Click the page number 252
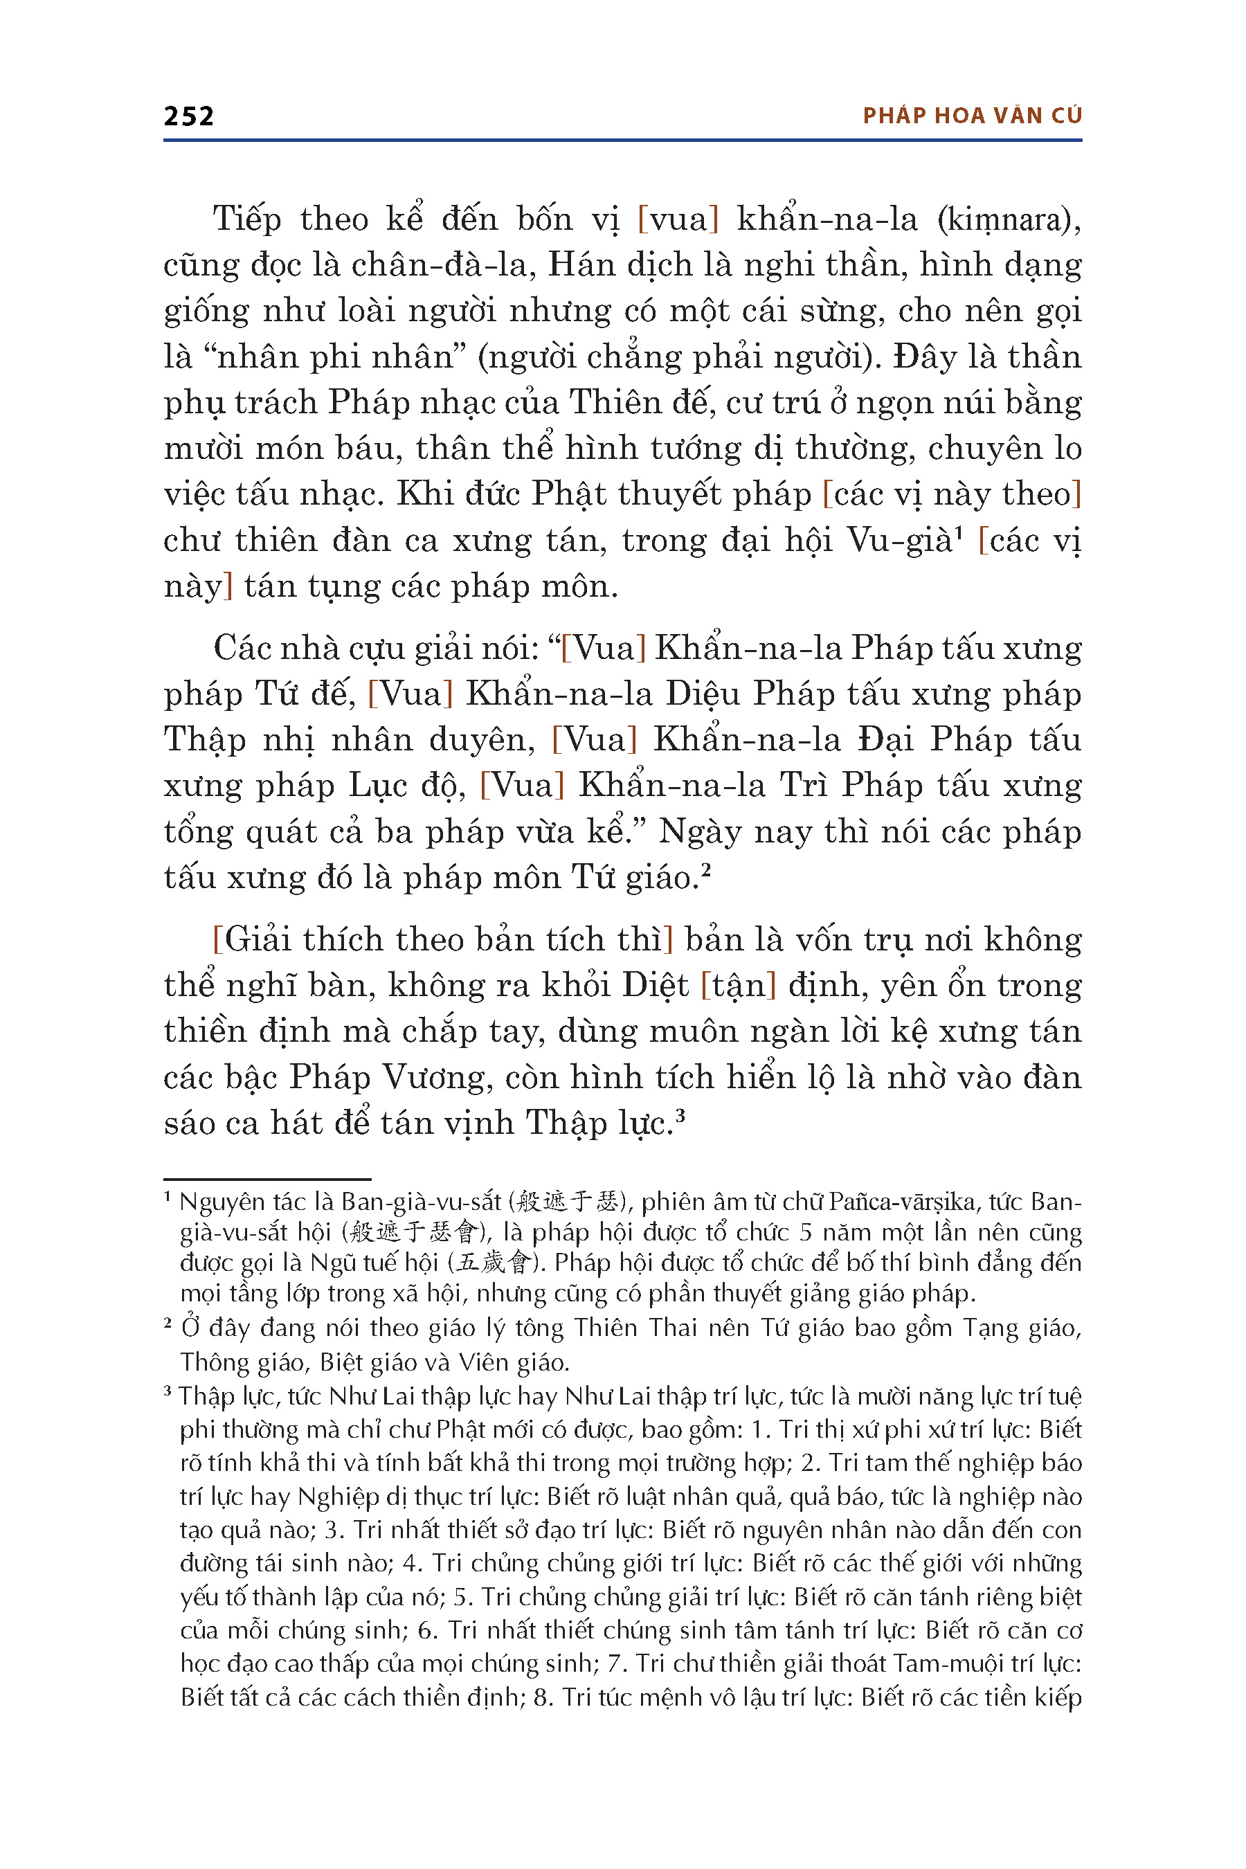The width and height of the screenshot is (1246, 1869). pyautogui.click(x=188, y=116)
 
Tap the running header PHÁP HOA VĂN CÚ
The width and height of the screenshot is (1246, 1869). pyautogui.click(x=972, y=116)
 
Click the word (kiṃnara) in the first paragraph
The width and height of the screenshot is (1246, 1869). pyautogui.click(x=1009, y=219)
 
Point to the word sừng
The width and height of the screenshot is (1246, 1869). pyautogui.click(x=842, y=311)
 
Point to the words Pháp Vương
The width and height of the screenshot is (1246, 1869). pyautogui.click(x=386, y=1078)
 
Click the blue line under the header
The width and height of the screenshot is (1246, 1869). pyautogui.click(x=622, y=141)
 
